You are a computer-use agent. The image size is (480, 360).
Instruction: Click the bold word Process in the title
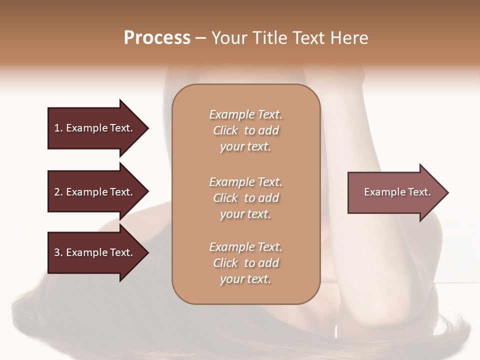157,38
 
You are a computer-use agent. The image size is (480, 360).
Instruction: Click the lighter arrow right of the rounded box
395,192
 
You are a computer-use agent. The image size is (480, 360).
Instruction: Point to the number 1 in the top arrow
57,128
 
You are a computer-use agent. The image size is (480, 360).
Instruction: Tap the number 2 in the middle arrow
57,192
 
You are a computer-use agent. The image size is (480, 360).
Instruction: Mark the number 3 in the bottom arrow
57,252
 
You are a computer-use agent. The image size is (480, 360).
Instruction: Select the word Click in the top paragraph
225,130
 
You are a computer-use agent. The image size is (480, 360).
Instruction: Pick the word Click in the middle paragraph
225,198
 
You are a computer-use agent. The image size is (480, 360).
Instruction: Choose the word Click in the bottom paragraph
225,263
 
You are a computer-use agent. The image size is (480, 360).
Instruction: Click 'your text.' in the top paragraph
245,147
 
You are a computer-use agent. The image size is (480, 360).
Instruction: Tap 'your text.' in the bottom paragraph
245,279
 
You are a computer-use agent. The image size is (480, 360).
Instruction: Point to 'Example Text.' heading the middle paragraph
245,181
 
